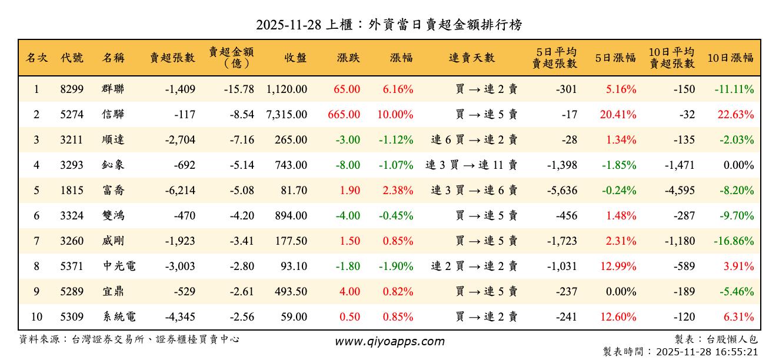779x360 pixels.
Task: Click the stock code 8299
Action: (72, 89)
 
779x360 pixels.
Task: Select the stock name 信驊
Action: (113, 115)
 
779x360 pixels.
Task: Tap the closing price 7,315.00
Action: (287, 115)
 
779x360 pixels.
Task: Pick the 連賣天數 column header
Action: (472, 58)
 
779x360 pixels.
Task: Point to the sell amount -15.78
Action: (239, 89)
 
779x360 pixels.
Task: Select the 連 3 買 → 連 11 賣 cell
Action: (471, 165)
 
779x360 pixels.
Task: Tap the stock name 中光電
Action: (119, 266)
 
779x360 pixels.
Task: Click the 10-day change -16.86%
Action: (734, 241)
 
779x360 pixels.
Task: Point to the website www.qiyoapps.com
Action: (389, 341)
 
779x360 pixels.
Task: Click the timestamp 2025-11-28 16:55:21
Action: (713, 352)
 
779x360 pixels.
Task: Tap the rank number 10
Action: (36, 317)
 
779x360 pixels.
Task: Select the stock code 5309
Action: (72, 317)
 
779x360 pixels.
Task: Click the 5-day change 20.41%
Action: (618, 115)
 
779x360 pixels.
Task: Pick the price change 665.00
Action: (344, 115)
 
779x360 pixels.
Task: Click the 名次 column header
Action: (37, 58)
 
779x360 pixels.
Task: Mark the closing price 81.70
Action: (291, 191)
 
